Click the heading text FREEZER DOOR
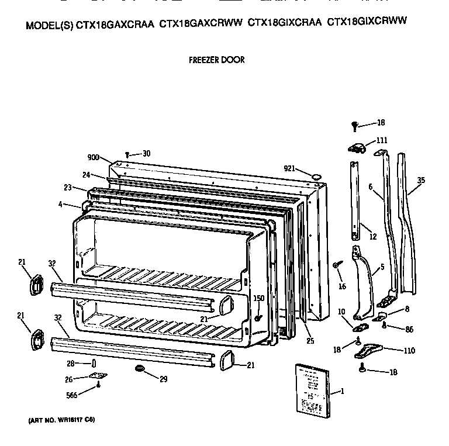(x=216, y=60)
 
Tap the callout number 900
(x=94, y=158)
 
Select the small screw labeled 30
(x=127, y=154)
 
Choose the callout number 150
(x=258, y=298)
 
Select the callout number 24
(x=87, y=174)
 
